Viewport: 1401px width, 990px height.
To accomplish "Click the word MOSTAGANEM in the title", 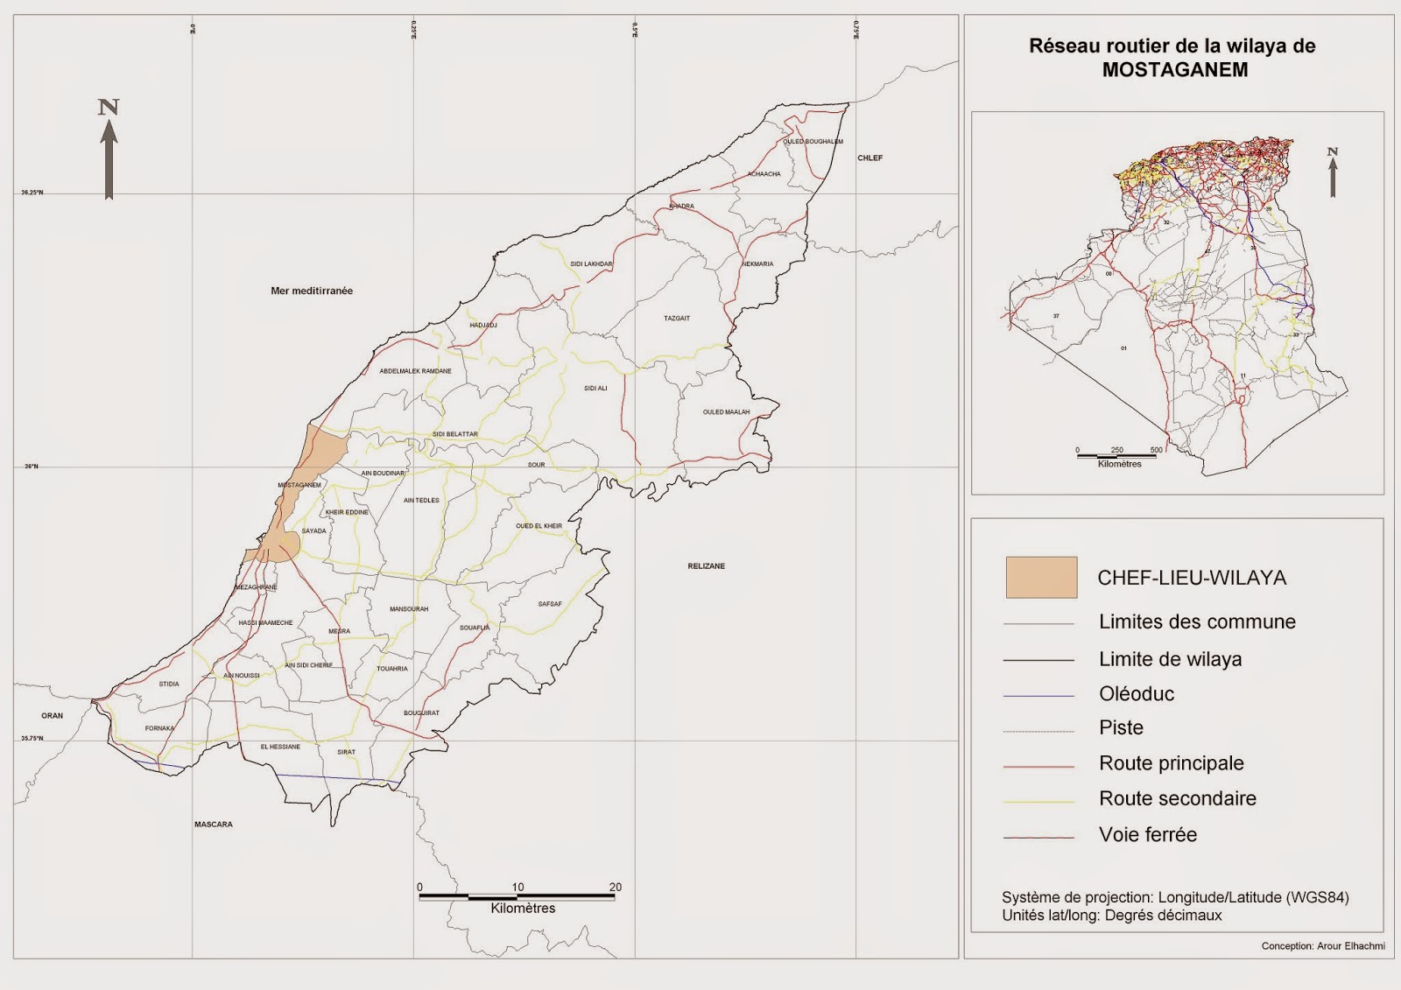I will click(1174, 70).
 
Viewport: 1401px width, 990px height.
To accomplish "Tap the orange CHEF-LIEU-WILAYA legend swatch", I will click(1041, 578).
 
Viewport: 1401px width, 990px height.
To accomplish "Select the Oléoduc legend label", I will click(1136, 694).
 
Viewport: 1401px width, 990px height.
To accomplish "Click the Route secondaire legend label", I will click(1177, 798).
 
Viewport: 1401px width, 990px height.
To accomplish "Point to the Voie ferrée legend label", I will click(1147, 835).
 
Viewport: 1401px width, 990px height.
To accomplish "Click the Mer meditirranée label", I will click(312, 291).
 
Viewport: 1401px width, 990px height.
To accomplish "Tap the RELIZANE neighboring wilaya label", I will click(706, 566).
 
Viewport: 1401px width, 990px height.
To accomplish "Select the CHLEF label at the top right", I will click(869, 158).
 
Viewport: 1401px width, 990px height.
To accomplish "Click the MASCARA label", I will click(213, 825).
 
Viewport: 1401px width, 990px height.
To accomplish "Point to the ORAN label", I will click(53, 716).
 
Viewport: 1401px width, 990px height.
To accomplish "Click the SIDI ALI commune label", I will click(595, 388).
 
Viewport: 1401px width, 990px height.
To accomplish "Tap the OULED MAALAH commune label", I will click(726, 412).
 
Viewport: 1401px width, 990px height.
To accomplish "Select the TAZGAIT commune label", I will click(677, 319).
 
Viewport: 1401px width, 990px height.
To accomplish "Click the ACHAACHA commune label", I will click(764, 174).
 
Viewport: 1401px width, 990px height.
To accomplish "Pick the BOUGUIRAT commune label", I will click(421, 713).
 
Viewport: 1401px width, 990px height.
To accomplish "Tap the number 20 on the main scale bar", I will click(615, 887).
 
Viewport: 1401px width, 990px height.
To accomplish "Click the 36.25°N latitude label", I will click(32, 193).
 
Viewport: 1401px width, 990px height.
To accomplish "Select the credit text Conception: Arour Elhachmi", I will click(1322, 946).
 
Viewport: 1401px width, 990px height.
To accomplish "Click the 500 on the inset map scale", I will click(1156, 450).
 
